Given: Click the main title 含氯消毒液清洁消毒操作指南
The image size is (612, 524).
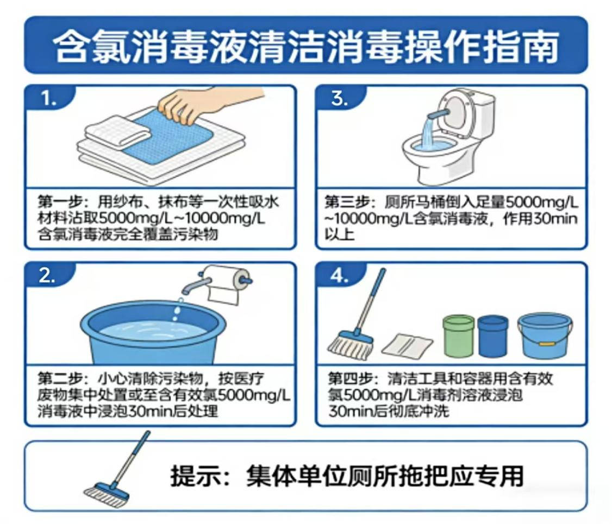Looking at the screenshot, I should (306, 46).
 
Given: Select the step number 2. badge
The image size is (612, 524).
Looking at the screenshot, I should (48, 276).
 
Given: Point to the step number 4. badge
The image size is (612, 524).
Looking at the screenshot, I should (340, 276).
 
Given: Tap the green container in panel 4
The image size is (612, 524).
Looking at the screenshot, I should (459, 336).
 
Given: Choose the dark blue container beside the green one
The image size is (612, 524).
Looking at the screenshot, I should (493, 336).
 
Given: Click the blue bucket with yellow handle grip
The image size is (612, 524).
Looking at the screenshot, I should (544, 336).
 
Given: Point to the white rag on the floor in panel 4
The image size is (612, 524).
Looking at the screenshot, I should (407, 344).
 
